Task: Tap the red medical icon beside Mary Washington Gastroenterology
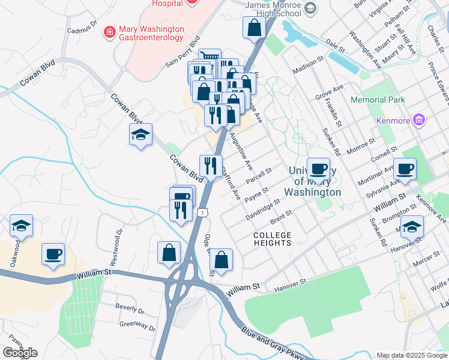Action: (110, 32)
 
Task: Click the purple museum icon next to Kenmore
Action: (419, 121)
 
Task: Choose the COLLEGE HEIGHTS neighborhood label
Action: (272, 239)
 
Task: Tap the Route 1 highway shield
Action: (204, 212)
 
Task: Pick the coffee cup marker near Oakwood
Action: (53, 255)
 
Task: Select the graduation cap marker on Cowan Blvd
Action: (140, 135)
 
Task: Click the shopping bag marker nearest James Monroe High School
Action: (254, 28)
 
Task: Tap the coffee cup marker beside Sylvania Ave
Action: (405, 170)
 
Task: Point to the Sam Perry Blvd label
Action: (182, 53)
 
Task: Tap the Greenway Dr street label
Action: (137, 327)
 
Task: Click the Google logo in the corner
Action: (20, 353)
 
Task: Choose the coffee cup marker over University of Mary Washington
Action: (318, 169)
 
